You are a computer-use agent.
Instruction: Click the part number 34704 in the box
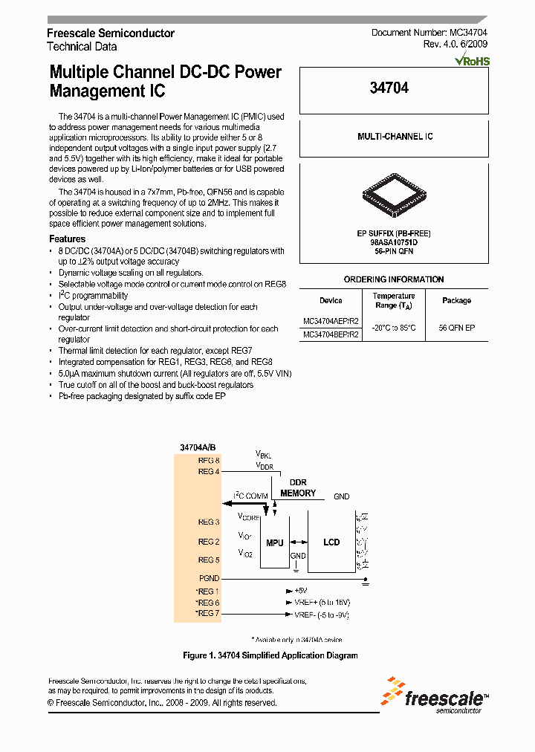[389, 88]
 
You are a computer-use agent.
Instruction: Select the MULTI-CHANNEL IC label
[395, 137]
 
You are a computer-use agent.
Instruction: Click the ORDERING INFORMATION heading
[394, 279]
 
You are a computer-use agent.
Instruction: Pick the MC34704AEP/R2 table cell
[331, 322]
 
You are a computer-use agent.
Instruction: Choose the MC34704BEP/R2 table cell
[331, 335]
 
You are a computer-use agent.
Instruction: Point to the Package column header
[456, 300]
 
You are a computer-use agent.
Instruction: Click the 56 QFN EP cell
[456, 328]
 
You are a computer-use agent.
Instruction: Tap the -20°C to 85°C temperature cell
[394, 328]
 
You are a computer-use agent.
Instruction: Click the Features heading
[67, 239]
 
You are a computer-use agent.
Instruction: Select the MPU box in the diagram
[275, 543]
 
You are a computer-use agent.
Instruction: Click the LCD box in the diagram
[331, 542]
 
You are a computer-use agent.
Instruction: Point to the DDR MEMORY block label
[297, 488]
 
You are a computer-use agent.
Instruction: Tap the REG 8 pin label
[209, 461]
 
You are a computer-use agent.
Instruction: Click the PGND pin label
[209, 577]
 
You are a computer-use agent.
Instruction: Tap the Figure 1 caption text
[270, 655]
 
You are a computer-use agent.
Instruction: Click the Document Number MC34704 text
[429, 33]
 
